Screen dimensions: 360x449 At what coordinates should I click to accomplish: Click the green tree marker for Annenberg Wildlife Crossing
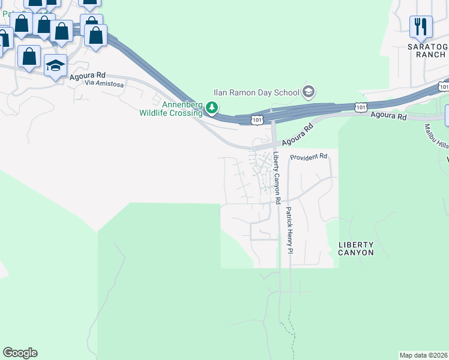pos(211,108)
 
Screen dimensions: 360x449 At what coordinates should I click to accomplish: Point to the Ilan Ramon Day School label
pos(256,92)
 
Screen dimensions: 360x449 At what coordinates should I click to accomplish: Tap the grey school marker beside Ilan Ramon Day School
pos(309,92)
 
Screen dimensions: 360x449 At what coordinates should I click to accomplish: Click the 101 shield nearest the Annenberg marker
pos(256,120)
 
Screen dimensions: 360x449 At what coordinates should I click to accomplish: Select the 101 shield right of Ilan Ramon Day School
pos(360,107)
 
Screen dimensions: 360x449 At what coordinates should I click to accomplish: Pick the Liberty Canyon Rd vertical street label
pos(277,178)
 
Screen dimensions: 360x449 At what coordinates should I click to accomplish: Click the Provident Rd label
pos(309,157)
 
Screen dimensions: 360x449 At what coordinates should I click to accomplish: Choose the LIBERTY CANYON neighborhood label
pos(356,248)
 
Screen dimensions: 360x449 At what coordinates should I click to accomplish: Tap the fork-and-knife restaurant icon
pos(421,26)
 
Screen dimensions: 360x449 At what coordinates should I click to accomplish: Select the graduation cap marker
pos(55,65)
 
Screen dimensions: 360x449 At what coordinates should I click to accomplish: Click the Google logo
pos(20,353)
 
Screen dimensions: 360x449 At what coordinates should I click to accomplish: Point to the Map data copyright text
pos(424,355)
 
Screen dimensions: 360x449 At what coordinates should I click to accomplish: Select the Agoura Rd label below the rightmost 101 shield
pos(388,115)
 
